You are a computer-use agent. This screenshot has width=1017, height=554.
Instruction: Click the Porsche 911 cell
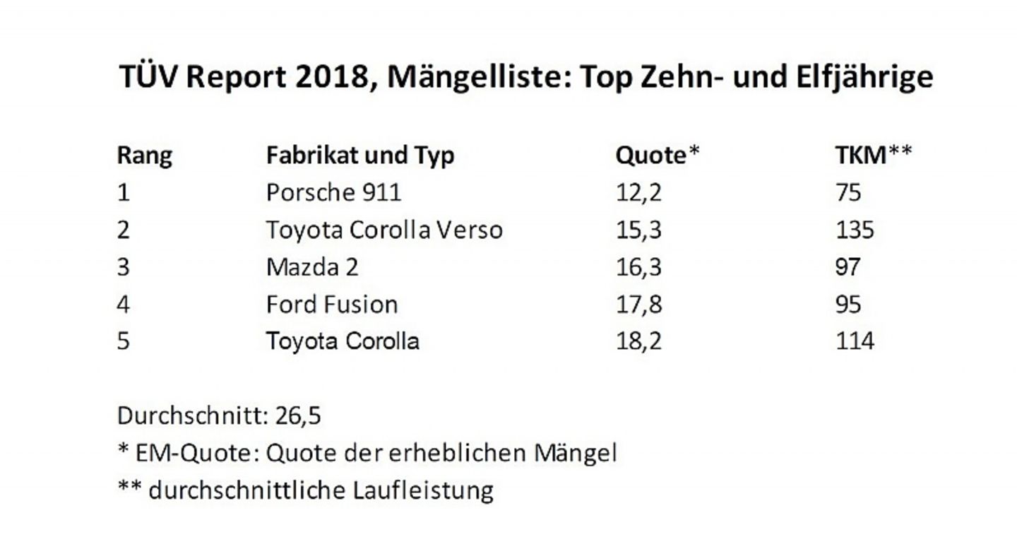[333, 193]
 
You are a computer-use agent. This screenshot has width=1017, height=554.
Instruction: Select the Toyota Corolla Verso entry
[384, 230]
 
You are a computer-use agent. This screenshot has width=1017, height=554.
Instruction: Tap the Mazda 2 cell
[312, 267]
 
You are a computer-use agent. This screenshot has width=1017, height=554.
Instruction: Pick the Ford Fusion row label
[332, 305]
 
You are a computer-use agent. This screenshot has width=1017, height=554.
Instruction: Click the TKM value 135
[855, 230]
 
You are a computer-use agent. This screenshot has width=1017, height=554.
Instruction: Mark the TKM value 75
[848, 193]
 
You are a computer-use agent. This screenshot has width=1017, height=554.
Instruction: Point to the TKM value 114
[855, 341]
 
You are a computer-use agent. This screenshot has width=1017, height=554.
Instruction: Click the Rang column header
[144, 155]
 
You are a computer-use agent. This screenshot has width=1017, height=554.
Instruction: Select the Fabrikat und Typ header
[360, 155]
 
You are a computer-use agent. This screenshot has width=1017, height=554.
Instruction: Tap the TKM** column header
[873, 155]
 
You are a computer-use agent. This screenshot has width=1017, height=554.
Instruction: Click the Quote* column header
[657, 155]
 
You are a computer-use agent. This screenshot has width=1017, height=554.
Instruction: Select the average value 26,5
[297, 415]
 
